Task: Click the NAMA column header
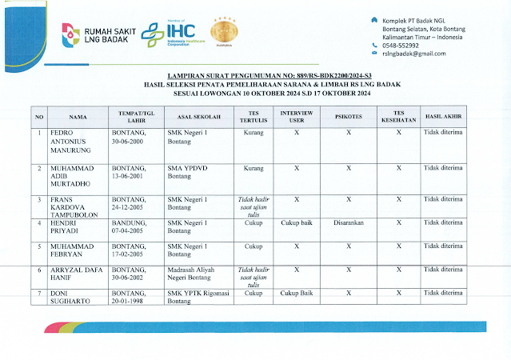point(78,117)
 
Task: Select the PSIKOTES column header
point(348,117)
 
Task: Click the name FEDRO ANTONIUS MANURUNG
point(72,140)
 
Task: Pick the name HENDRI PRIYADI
point(70,229)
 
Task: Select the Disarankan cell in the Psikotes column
point(349,224)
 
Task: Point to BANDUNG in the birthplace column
point(128,224)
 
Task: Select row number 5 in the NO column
point(39,246)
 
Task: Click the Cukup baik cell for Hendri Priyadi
point(297,224)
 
